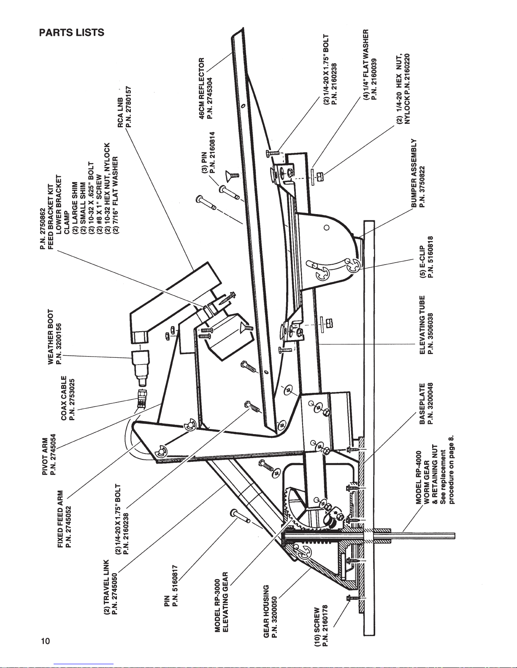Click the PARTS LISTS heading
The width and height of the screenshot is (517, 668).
pos(71,32)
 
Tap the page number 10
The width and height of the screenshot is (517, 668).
pos(45,641)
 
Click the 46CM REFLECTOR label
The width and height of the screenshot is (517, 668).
pos(202,88)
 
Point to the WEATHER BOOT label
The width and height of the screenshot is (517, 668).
pos(51,337)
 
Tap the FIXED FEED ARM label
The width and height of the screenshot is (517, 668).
pos(60,519)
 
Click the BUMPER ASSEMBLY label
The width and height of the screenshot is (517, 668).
pos(414,173)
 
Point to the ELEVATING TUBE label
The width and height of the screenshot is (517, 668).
pos(422,325)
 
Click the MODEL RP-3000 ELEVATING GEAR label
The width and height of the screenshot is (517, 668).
pos(221,603)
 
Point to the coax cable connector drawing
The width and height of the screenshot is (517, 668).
pos(141,398)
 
